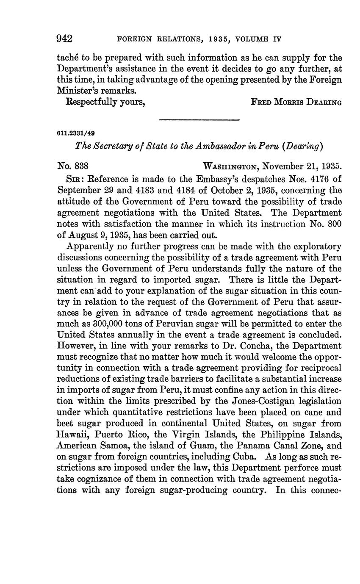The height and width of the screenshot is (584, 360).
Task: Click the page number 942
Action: coord(65,39)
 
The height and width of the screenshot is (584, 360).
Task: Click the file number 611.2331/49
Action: coord(73,133)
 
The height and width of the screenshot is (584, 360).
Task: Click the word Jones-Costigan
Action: coord(235,401)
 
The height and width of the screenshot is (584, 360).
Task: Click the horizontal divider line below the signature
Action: coord(199,120)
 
